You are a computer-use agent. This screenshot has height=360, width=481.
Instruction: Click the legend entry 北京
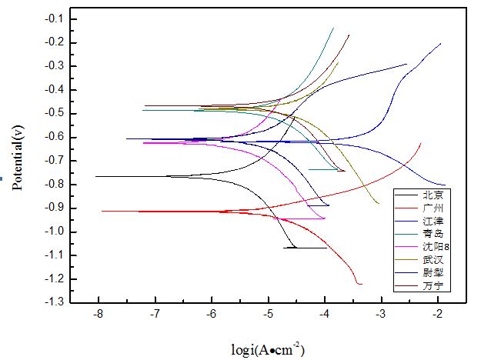(433, 195)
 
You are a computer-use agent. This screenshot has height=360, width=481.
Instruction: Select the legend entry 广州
(433, 208)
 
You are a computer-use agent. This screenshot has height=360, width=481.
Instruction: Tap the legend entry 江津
(433, 221)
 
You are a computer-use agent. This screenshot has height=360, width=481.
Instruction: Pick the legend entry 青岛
(433, 234)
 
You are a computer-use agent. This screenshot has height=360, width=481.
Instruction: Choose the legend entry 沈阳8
(435, 247)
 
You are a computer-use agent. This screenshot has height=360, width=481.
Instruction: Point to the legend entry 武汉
(433, 260)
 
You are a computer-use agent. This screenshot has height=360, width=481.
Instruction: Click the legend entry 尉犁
(433, 273)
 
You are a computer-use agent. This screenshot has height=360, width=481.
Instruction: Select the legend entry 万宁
(433, 286)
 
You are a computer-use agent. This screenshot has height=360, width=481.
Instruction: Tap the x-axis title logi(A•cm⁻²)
(268, 350)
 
